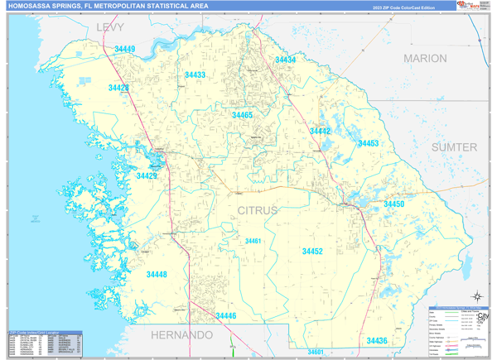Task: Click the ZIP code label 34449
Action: tap(125, 50)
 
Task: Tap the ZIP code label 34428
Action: tap(118, 88)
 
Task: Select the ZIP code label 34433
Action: tap(195, 75)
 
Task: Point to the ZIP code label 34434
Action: tap(286, 60)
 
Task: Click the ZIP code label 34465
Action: tap(242, 116)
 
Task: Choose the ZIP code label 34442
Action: tap(320, 132)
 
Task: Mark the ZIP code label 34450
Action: tap(393, 204)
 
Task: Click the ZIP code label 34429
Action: tap(147, 176)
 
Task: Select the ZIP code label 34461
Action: tap(253, 241)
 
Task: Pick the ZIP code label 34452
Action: tap(312, 251)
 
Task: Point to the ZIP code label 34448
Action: tap(157, 275)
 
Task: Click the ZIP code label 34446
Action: tap(226, 316)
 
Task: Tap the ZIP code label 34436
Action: tap(377, 341)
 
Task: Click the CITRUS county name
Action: tap(258, 211)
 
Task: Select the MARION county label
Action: tap(425, 59)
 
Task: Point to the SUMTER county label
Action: tap(455, 147)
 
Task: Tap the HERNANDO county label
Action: tap(181, 335)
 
